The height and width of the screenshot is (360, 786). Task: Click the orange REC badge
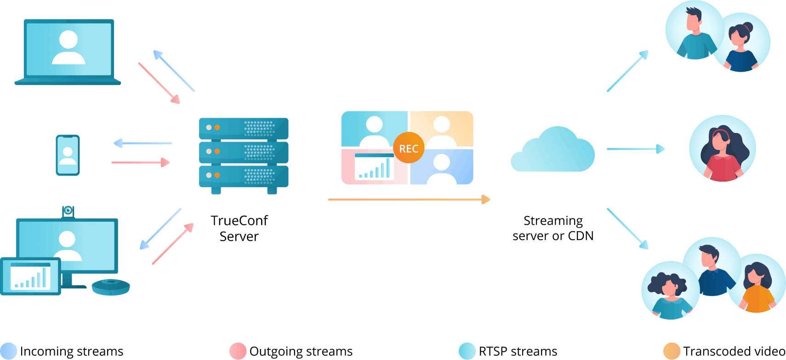(x=409, y=148)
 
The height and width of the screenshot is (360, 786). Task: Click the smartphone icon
(x=68, y=155)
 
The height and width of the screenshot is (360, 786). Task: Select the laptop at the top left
(x=68, y=51)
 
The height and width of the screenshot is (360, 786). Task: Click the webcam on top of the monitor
(x=68, y=211)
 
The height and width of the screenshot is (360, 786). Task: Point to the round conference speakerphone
(x=111, y=286)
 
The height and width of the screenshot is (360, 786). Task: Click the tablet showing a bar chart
(x=30, y=276)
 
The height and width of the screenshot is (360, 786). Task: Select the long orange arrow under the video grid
(x=409, y=200)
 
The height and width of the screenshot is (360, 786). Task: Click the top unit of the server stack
(x=244, y=128)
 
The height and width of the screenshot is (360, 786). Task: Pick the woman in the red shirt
(x=723, y=149)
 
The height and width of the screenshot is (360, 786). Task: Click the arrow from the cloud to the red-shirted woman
(x=635, y=149)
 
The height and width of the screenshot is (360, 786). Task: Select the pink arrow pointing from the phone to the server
(x=141, y=162)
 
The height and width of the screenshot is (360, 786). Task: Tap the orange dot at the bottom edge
(x=672, y=351)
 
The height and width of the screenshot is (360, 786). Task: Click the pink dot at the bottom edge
(x=238, y=351)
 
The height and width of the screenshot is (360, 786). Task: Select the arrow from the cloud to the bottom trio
(x=627, y=229)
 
